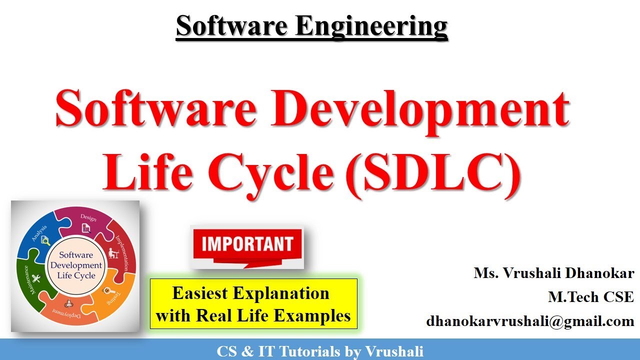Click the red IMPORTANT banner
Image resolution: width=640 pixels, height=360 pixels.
coord(247,244)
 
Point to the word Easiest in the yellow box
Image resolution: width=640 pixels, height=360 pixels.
coord(200,293)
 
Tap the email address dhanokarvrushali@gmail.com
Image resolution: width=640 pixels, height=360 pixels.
coord(530,320)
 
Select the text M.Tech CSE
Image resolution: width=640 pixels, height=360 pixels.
coord(591,297)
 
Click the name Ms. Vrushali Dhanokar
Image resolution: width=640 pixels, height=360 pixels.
coord(554,273)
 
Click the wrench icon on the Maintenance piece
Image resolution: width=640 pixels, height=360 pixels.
coord(35,277)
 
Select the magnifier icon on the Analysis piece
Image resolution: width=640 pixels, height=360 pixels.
coord(45,241)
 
